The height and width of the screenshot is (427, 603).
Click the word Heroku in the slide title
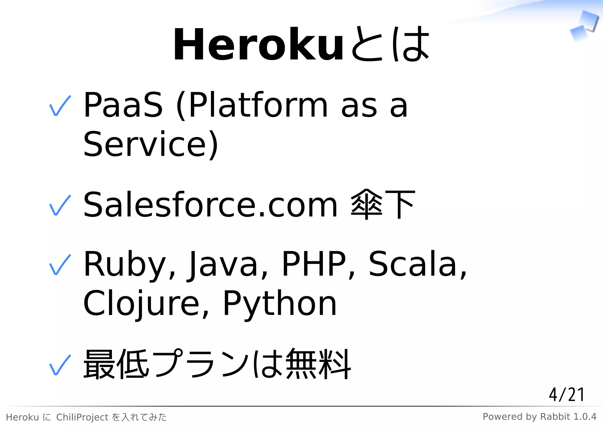pyautogui.click(x=258, y=45)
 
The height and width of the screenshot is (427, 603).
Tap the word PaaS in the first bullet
pyautogui.click(x=123, y=105)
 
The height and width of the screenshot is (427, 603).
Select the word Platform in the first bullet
pyautogui.click(x=258, y=105)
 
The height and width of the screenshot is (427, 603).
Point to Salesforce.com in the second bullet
pyautogui.click(x=210, y=205)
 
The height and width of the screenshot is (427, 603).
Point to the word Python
pyautogui.click(x=280, y=303)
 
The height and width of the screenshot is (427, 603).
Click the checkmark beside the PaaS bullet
pyautogui.click(x=60, y=106)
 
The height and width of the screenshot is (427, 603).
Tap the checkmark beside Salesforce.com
pyautogui.click(x=60, y=205)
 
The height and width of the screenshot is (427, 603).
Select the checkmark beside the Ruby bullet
pyautogui.click(x=60, y=265)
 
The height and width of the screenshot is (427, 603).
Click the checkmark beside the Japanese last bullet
pyautogui.click(x=60, y=365)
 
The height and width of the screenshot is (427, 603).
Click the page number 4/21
pyautogui.click(x=566, y=395)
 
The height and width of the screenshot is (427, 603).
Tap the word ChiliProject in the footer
pyautogui.click(x=82, y=417)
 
